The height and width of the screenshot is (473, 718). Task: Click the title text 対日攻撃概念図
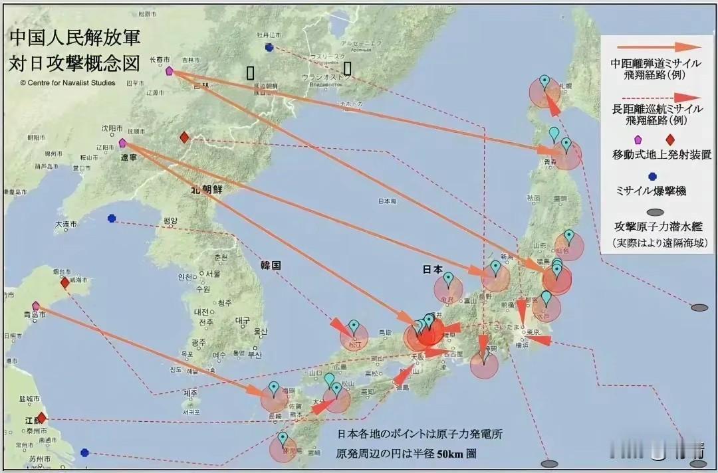[74, 64]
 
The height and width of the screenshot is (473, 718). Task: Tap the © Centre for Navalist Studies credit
[68, 83]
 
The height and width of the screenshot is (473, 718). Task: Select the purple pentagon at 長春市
[169, 70]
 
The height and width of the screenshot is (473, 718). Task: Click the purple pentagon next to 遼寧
[122, 143]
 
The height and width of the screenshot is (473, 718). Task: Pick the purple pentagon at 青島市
[36, 306]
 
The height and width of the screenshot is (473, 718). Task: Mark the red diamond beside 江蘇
[41, 417]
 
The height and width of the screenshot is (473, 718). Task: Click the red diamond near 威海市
[64, 282]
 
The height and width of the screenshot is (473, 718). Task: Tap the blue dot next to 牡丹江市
[269, 47]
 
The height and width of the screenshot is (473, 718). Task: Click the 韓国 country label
[271, 264]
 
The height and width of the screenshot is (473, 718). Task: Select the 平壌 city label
[170, 221]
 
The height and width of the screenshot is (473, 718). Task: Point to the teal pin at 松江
[354, 327]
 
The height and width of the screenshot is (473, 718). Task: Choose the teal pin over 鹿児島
[283, 438]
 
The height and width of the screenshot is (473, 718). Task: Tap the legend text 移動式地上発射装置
[662, 155]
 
